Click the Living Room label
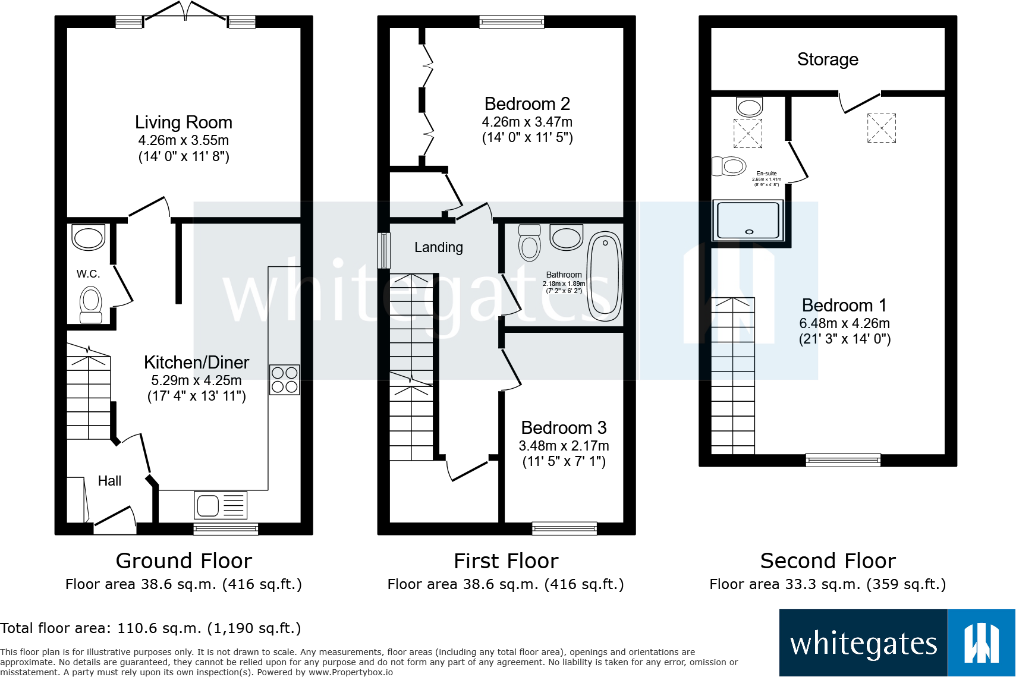point(183,122)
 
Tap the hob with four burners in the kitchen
point(284,380)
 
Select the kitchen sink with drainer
point(220,506)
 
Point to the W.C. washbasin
point(89,237)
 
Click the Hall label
point(109,481)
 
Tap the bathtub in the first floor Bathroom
point(605,276)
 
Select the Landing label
point(438,247)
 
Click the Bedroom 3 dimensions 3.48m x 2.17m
point(564,446)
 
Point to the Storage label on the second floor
point(828,59)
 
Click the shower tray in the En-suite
point(748,221)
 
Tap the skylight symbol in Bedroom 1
point(881,128)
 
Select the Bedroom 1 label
point(844,306)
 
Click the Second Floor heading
point(828,561)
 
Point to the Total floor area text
point(150,628)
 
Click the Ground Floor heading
point(184,561)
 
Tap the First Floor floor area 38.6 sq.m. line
point(505,584)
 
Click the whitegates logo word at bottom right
point(863,644)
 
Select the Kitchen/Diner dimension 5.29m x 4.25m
point(196,380)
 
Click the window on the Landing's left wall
point(384,250)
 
